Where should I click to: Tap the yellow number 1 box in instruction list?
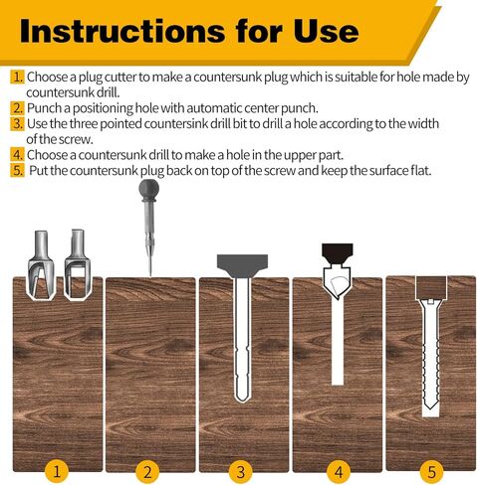[17, 77]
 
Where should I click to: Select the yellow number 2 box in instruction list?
[17, 106]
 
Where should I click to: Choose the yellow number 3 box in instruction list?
[17, 122]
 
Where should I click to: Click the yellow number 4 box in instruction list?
[17, 154]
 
